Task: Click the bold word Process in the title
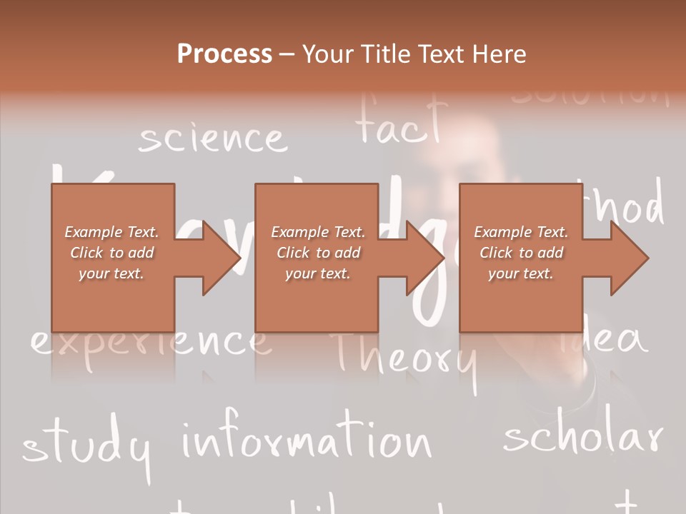(224, 54)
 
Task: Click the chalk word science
(212, 138)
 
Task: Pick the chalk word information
(307, 439)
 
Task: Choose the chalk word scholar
(583, 437)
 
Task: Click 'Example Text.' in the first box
(111, 232)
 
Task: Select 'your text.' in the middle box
(317, 273)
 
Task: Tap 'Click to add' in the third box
(522, 253)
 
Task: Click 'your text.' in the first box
(111, 273)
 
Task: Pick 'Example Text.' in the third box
(522, 232)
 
